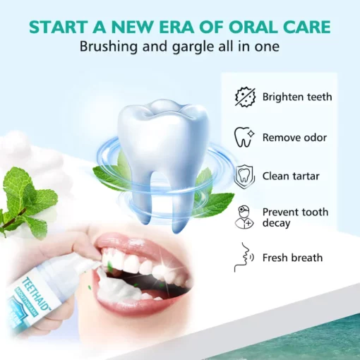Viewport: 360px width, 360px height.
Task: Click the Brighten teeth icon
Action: point(244,97)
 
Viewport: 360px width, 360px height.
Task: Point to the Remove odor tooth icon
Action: point(244,136)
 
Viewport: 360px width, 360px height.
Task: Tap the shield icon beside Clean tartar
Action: point(244,175)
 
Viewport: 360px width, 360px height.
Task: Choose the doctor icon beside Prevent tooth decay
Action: point(244,217)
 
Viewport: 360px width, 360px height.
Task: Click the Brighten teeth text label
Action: point(297,97)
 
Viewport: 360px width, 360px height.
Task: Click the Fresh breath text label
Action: point(292,258)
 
